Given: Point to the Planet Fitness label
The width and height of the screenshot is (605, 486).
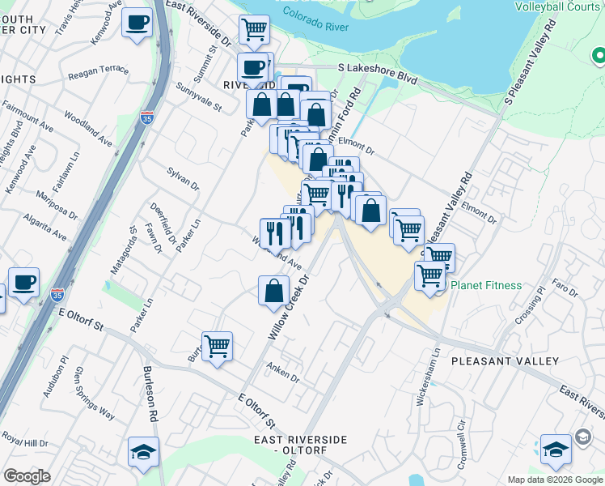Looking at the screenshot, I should [x=486, y=285].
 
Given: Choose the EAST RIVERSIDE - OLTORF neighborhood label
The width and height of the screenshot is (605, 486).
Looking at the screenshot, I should [x=300, y=445].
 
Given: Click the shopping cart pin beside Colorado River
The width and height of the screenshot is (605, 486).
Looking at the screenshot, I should [x=255, y=30].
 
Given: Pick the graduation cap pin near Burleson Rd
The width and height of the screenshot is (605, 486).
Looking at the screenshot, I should [x=143, y=451].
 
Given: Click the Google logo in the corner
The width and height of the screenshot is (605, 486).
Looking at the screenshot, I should [x=27, y=476].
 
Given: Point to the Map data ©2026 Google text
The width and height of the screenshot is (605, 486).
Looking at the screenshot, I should [x=555, y=480].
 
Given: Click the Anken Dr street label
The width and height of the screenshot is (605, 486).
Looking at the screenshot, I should [x=283, y=373].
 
